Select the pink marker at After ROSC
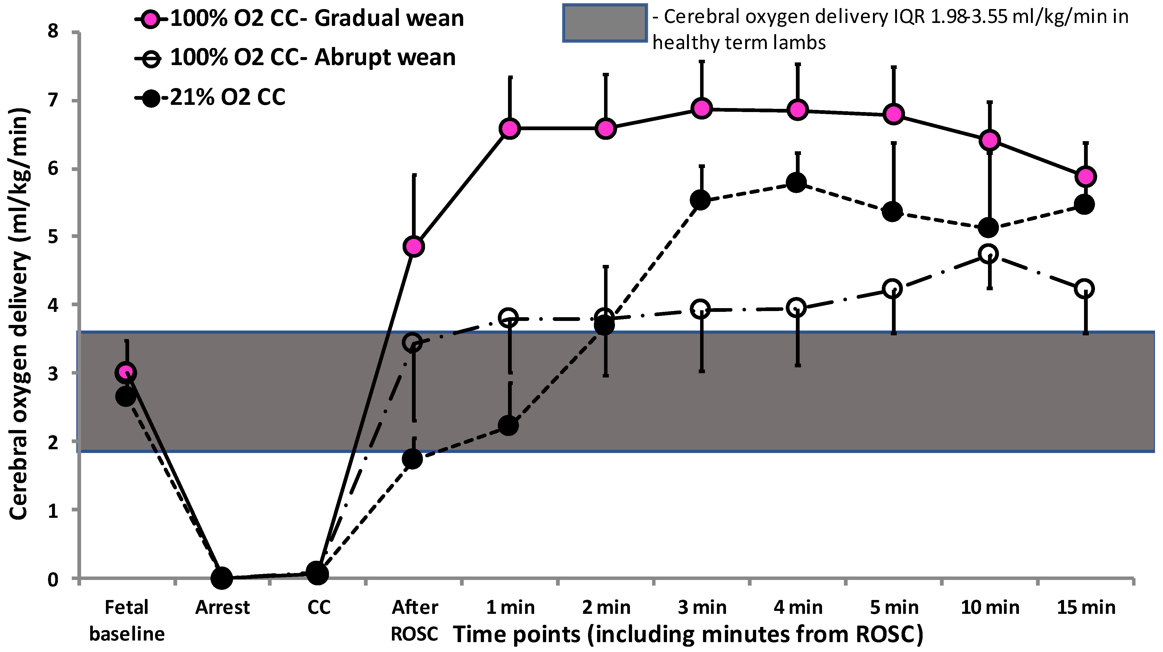pos(414,247)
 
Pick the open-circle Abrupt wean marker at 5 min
pos(892,288)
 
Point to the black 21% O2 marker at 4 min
pos(796,182)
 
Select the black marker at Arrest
pos(222,578)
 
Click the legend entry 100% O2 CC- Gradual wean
pos(316,19)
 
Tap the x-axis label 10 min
pos(990,608)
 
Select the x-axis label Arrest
pos(222,608)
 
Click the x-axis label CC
pos(319,608)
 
